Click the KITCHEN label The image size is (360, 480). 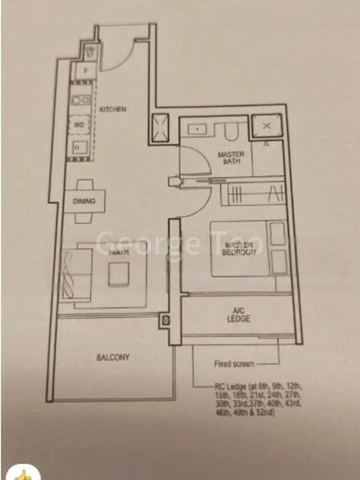[x=114, y=110]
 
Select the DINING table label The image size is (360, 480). [x=85, y=202]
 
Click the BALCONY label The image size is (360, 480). [x=92, y=357]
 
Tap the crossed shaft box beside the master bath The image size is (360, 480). [x=262, y=127]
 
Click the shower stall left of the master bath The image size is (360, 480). [x=159, y=126]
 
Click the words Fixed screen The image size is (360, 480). [x=233, y=364]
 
